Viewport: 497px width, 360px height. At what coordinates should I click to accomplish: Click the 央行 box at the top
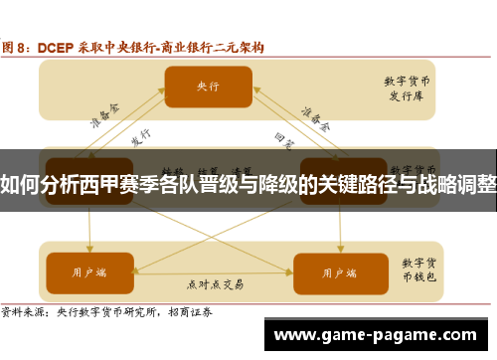coord(208,86)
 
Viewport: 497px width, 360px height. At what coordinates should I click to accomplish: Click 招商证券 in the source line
coord(198,311)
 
